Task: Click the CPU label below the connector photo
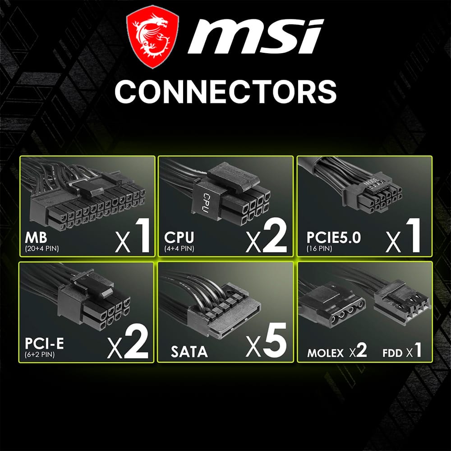click(179, 238)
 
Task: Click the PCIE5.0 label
click(333, 238)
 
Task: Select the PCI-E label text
click(45, 344)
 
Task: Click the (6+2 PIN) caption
click(40, 354)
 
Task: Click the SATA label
click(189, 351)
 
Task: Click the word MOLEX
click(325, 353)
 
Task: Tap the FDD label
click(391, 353)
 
